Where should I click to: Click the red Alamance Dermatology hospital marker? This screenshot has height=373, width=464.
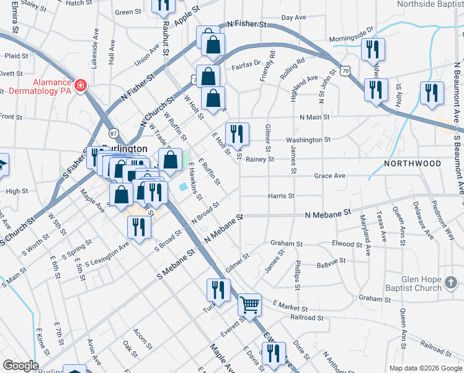pos(79,86)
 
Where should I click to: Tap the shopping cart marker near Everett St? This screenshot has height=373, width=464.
pos(249,304)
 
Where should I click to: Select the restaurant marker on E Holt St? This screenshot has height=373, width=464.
pos(237,133)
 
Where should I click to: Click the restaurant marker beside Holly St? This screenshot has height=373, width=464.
pos(431,93)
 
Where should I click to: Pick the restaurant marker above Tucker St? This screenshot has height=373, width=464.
pos(218,289)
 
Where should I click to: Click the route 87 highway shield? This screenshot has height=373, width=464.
pos(113,133)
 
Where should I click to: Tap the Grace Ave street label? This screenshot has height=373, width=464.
pos(329,176)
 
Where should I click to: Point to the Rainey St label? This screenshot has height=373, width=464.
pos(260,159)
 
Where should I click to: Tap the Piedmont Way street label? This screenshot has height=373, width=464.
pos(442,216)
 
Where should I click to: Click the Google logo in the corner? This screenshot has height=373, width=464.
pos(20,366)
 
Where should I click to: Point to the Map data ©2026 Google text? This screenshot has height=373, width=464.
pos(426,368)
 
